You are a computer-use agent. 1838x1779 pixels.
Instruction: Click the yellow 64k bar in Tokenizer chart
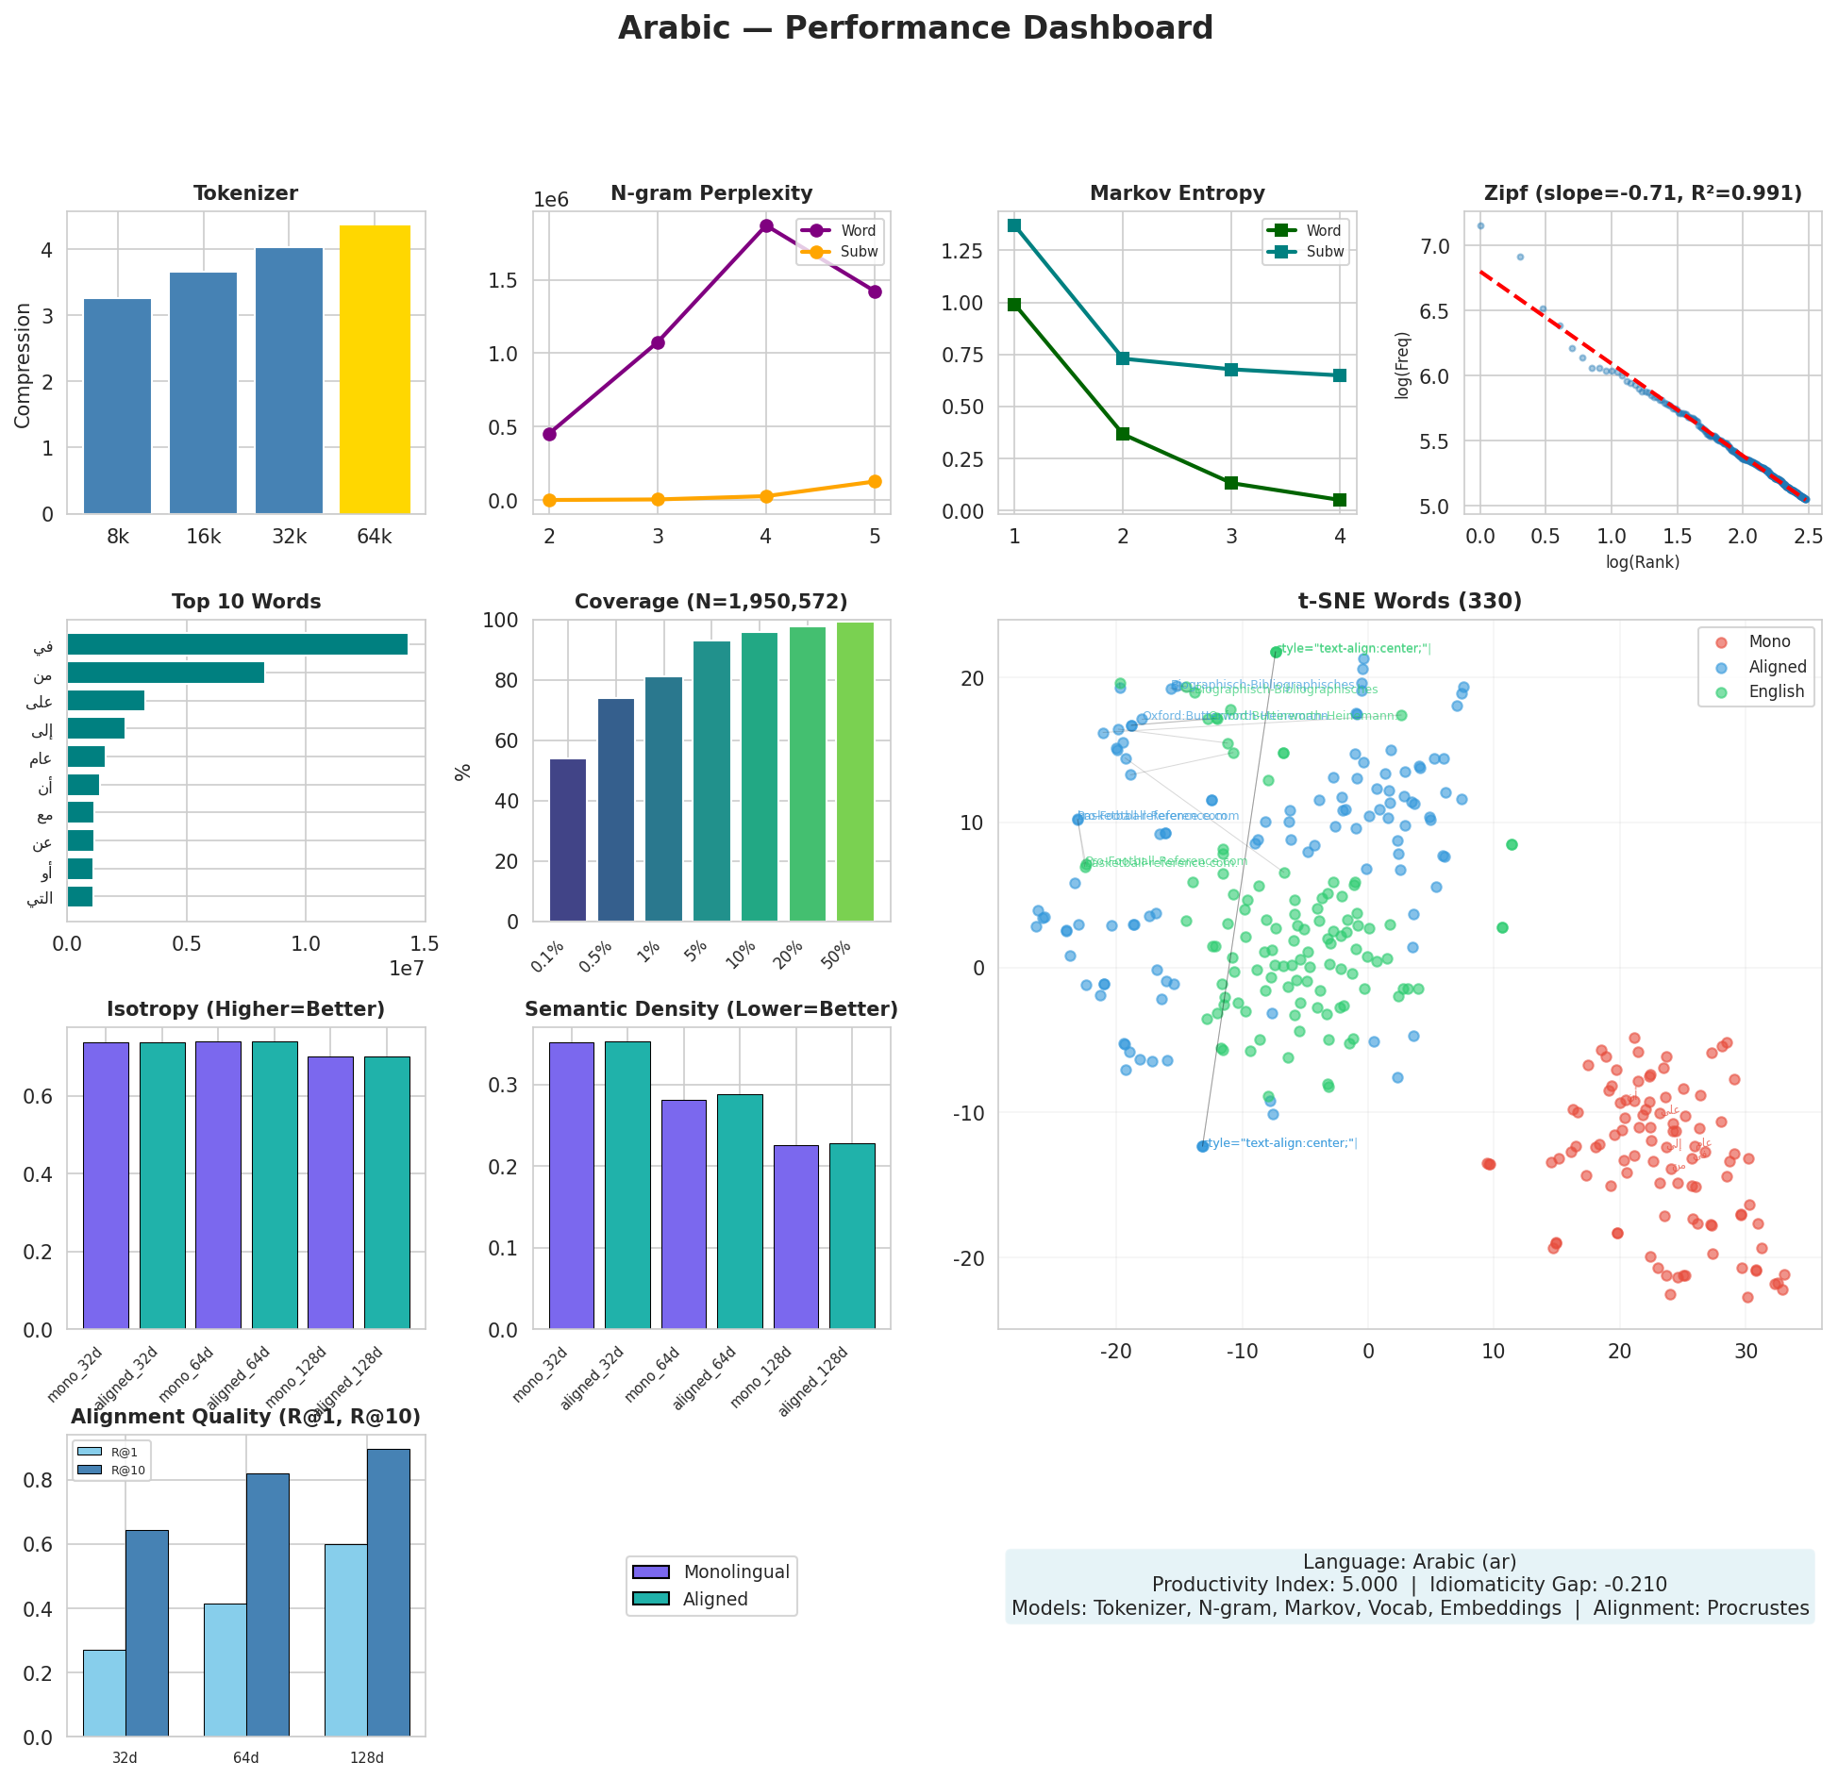click(x=375, y=370)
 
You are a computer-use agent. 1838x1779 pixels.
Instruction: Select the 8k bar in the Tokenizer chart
click(x=117, y=407)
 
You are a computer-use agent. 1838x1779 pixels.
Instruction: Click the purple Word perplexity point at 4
click(x=766, y=226)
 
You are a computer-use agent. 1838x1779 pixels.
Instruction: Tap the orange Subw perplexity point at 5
click(x=875, y=481)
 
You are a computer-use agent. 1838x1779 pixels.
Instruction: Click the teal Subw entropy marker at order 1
click(x=1014, y=225)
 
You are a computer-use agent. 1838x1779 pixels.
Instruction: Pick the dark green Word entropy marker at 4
click(x=1339, y=500)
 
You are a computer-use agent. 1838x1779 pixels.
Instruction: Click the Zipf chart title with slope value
click(x=1643, y=193)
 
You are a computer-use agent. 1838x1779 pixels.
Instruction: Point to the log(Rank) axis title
click(x=1643, y=562)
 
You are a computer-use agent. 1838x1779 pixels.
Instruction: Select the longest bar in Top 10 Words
click(x=237, y=644)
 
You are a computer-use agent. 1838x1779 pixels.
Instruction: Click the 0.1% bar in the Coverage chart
click(x=568, y=840)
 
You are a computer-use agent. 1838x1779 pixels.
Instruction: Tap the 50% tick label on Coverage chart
click(x=837, y=956)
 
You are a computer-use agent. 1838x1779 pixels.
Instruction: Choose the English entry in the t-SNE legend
click(x=1775, y=691)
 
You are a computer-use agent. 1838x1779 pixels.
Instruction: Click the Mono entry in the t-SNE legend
click(x=1768, y=641)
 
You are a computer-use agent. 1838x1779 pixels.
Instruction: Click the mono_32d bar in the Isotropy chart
click(x=106, y=1186)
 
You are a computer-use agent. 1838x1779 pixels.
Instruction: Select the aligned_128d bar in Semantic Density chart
click(x=852, y=1236)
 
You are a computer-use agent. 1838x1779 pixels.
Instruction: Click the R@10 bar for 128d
click(x=389, y=1592)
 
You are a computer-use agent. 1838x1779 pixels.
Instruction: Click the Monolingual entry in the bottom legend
click(x=736, y=1571)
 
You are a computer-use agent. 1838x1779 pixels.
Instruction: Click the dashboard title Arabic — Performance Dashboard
click(x=915, y=28)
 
